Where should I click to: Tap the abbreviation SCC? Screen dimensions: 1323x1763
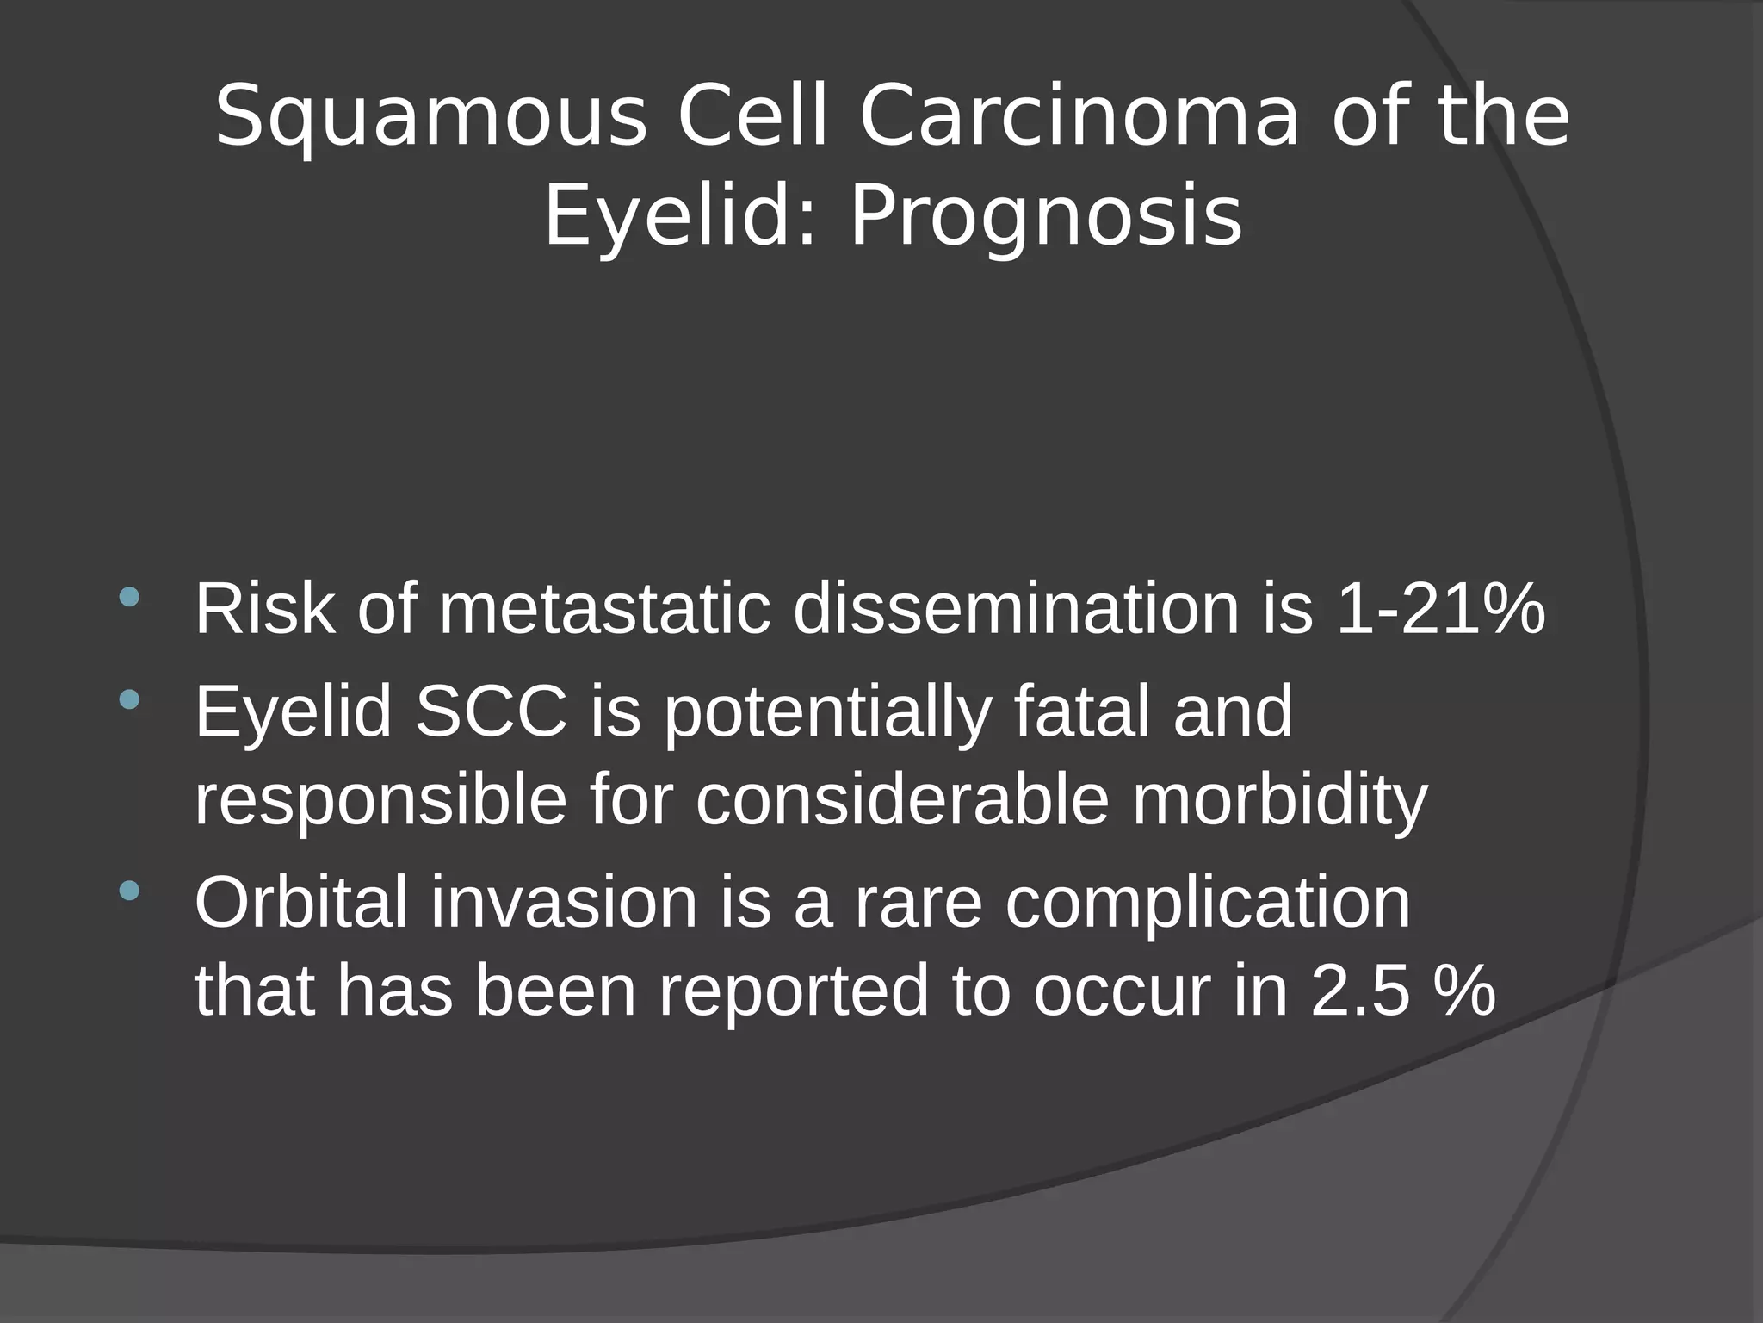click(491, 711)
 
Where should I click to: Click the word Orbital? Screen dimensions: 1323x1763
click(301, 903)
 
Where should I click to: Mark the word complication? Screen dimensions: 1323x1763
click(1207, 903)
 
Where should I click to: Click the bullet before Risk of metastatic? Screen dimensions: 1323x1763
click(129, 597)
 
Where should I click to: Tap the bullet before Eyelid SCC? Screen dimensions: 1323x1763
click(129, 699)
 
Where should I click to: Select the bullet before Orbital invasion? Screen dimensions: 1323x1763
click(129, 890)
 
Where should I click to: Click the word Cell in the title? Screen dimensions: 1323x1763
click(752, 116)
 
